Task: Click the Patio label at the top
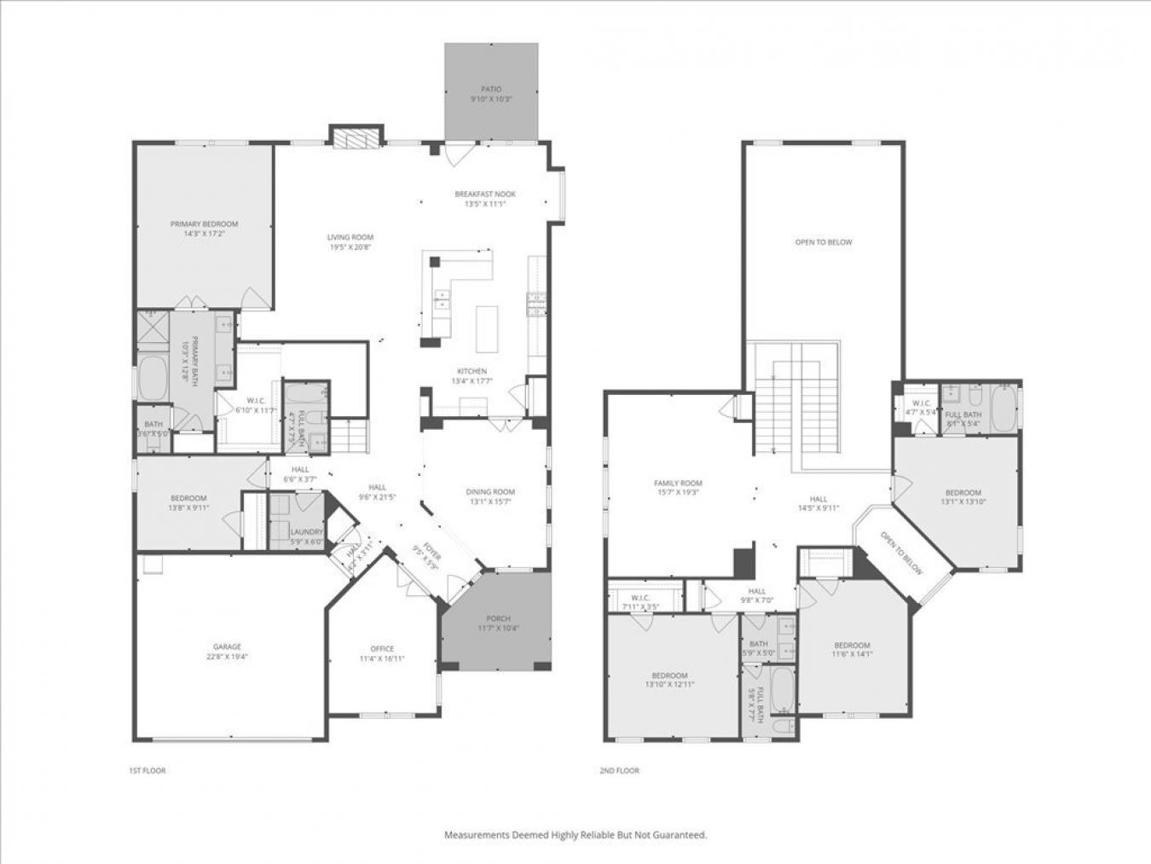click(x=491, y=89)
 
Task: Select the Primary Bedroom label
click(x=204, y=224)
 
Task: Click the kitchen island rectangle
click(x=486, y=328)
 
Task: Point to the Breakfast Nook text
click(x=485, y=194)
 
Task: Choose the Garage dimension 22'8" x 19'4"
click(x=227, y=657)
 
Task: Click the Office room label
click(x=382, y=649)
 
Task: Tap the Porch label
click(x=498, y=618)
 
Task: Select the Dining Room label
click(x=490, y=491)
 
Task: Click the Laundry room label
click(x=306, y=532)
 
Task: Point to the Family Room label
click(x=678, y=484)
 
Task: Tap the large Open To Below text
click(x=823, y=242)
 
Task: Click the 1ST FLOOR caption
click(x=147, y=771)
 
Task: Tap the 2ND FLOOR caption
click(x=619, y=771)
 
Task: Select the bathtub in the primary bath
click(x=154, y=378)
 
